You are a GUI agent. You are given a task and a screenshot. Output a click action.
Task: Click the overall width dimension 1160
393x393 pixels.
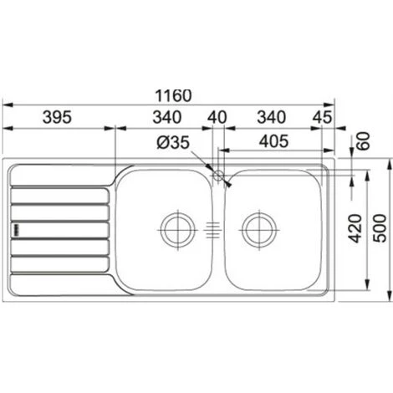pyautogui.click(x=173, y=95)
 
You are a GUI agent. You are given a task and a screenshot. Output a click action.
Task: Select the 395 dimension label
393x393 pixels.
pyautogui.click(x=57, y=117)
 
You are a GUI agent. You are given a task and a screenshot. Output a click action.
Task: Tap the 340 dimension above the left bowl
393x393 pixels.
pyautogui.click(x=167, y=117)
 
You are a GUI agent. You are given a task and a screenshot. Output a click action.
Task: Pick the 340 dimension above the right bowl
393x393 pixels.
pyautogui.click(x=271, y=117)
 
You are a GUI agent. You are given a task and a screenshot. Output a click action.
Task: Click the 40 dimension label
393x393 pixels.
pyautogui.click(x=217, y=117)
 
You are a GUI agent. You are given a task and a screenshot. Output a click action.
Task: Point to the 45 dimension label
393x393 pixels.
pyautogui.click(x=323, y=117)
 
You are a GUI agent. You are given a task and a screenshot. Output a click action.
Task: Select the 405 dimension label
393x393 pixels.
pyautogui.click(x=273, y=141)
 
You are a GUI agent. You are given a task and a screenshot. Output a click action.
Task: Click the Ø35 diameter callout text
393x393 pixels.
pyautogui.click(x=173, y=142)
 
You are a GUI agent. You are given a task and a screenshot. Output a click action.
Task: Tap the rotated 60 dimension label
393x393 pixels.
pyautogui.click(x=363, y=140)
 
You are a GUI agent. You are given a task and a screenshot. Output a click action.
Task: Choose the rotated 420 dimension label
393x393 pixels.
pyautogui.click(x=355, y=228)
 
